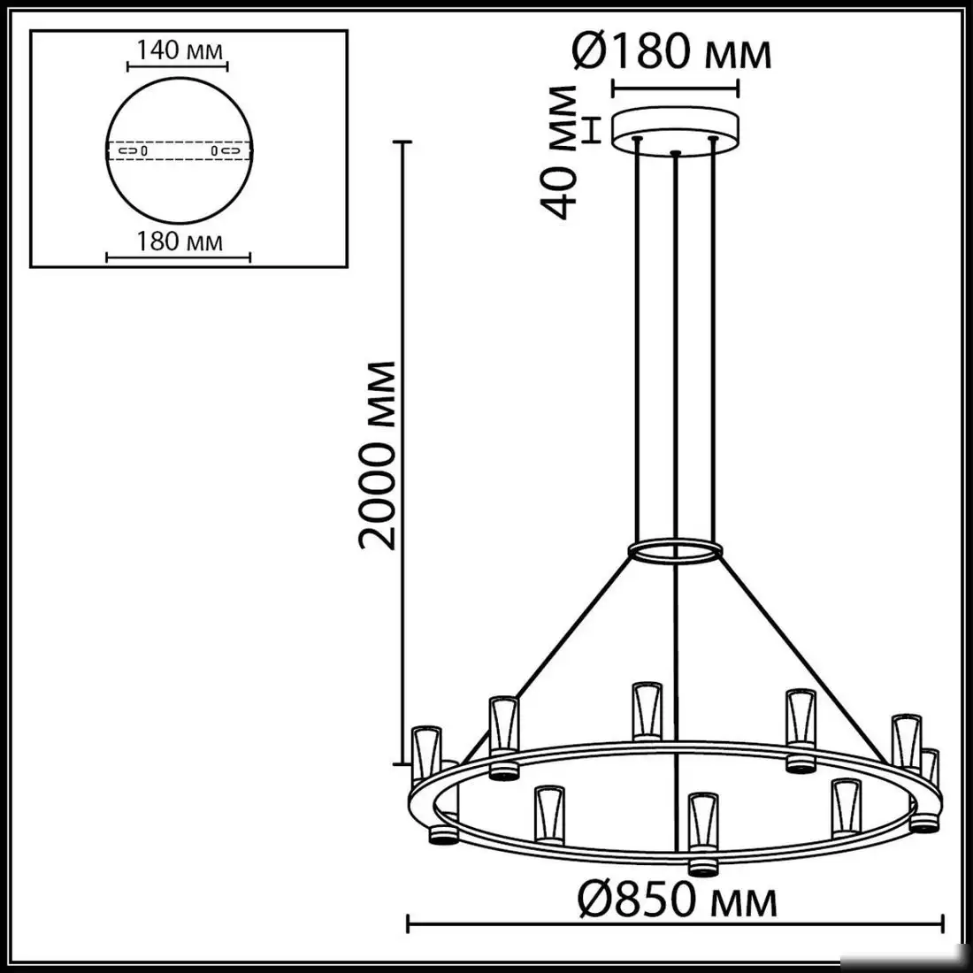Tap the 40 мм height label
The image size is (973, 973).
(x=562, y=150)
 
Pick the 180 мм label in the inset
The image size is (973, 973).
(x=180, y=241)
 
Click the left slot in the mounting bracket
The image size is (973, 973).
(x=131, y=151)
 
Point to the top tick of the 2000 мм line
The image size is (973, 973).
(x=405, y=142)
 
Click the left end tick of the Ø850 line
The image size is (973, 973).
(x=407, y=925)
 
